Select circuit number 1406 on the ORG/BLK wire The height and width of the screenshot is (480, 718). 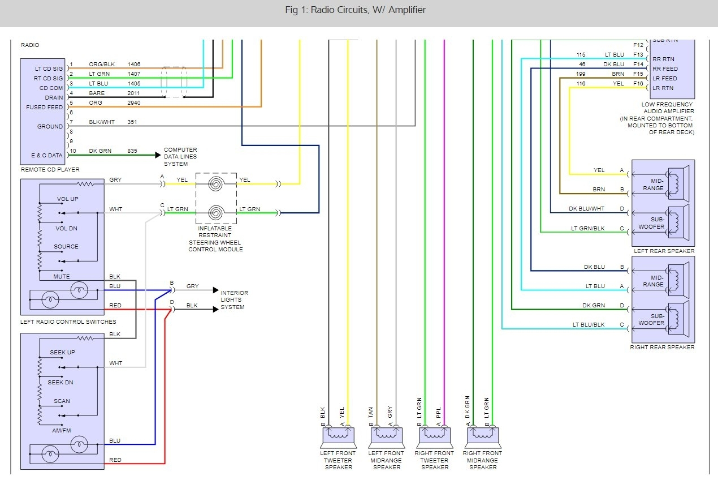click(134, 65)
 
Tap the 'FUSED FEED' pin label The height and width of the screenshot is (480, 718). click(45, 108)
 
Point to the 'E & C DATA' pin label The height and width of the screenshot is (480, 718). click(46, 155)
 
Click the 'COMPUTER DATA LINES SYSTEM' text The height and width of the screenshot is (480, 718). click(180, 157)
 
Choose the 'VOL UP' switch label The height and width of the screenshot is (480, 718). click(68, 200)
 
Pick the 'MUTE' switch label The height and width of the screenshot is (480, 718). click(62, 277)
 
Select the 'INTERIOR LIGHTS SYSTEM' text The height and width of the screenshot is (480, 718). click(234, 300)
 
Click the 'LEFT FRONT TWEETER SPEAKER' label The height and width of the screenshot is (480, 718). click(339, 460)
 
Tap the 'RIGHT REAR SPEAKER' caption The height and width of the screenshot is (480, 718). click(662, 347)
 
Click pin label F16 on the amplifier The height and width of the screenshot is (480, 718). click(638, 83)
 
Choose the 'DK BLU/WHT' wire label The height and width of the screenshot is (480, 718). click(586, 209)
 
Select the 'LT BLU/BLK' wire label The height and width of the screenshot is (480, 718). click(588, 325)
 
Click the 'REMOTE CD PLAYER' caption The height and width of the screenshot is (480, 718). click(50, 169)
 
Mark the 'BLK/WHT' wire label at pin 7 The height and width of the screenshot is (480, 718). click(101, 122)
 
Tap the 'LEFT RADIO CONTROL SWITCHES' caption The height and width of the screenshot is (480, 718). click(68, 322)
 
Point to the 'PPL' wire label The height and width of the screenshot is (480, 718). click(439, 413)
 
